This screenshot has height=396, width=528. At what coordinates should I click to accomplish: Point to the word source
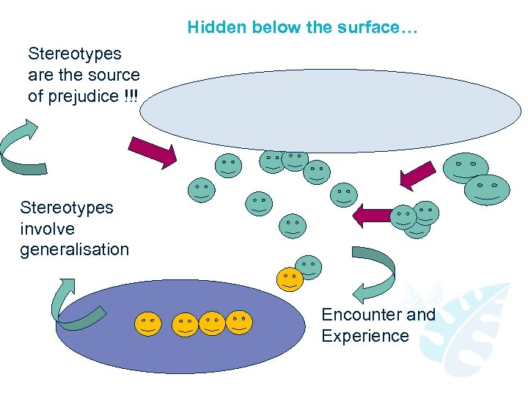point(114,75)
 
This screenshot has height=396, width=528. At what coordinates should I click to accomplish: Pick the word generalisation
point(74,249)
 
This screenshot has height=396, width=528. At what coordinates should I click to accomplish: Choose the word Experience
point(364,336)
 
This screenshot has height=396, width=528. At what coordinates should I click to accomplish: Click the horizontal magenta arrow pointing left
point(370,216)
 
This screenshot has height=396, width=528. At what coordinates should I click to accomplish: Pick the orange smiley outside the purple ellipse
point(289,279)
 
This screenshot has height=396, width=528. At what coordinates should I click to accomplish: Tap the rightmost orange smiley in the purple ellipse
point(238,321)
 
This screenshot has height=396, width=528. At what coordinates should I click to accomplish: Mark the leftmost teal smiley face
point(201,190)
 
